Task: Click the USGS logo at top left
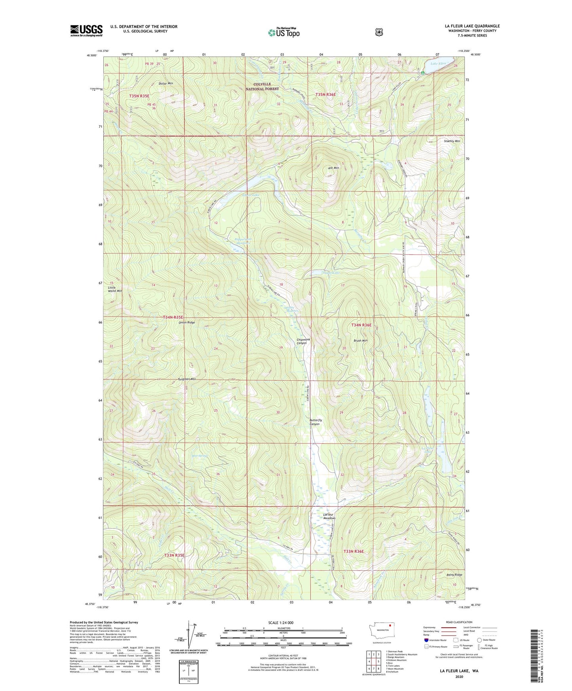click(x=86, y=30)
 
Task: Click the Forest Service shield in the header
click(x=379, y=32)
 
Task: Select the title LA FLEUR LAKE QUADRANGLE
click(x=472, y=26)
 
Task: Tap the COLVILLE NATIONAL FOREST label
click(x=262, y=87)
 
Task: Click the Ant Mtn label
click(x=333, y=168)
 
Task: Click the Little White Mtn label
click(x=115, y=289)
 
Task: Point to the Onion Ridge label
click(x=186, y=323)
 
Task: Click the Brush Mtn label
click(x=360, y=340)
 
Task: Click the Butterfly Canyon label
click(x=315, y=422)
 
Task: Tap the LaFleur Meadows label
click(x=329, y=516)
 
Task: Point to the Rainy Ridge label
click(x=454, y=575)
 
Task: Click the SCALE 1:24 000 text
click(x=281, y=623)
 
